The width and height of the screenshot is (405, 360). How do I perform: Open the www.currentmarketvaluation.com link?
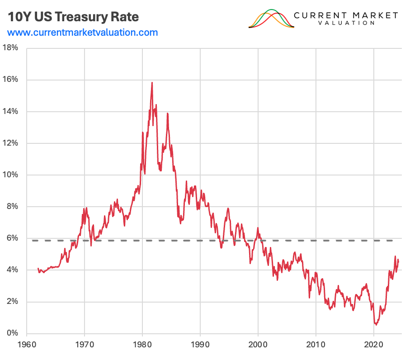tap(83, 33)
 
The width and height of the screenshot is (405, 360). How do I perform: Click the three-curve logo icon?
tap(271, 19)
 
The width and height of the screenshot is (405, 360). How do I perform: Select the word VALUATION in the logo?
tap(346, 23)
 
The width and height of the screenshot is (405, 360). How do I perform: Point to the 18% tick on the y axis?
tap(10, 48)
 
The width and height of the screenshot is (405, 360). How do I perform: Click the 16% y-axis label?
tap(10, 80)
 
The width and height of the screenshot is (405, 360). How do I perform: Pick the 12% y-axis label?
tap(10, 143)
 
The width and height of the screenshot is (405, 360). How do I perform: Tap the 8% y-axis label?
tap(12, 207)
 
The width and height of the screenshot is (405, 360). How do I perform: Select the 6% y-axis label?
tap(12, 238)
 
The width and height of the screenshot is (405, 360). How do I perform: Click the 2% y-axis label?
tap(12, 302)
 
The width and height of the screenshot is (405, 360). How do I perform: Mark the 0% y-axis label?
tap(12, 333)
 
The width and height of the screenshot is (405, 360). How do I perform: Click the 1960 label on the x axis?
tap(27, 344)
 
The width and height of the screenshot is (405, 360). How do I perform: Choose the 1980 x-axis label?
tap(142, 344)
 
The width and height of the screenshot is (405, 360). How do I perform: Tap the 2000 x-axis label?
tap(258, 344)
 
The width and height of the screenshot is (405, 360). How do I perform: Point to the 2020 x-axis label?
tap(374, 344)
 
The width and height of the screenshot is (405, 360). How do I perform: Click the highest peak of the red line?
tap(152, 83)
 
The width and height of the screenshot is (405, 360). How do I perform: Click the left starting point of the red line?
tap(38, 269)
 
